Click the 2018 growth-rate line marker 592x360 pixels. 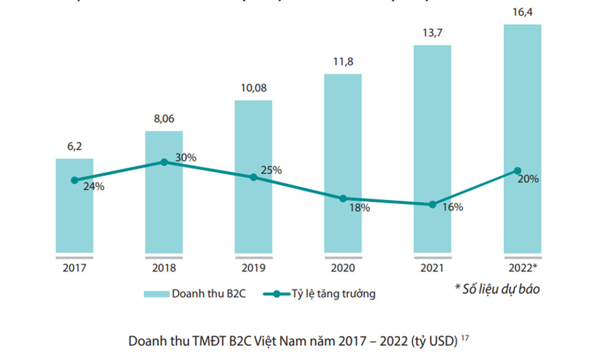(164, 162)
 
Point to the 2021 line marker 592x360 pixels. (432, 204)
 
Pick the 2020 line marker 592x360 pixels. (343, 198)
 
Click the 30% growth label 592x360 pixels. (186, 157)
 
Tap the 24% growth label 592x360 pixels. (94, 186)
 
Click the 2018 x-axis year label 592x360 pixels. (164, 268)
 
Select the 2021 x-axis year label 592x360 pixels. (432, 268)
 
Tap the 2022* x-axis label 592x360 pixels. (523, 268)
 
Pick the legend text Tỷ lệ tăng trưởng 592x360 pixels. (333, 294)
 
